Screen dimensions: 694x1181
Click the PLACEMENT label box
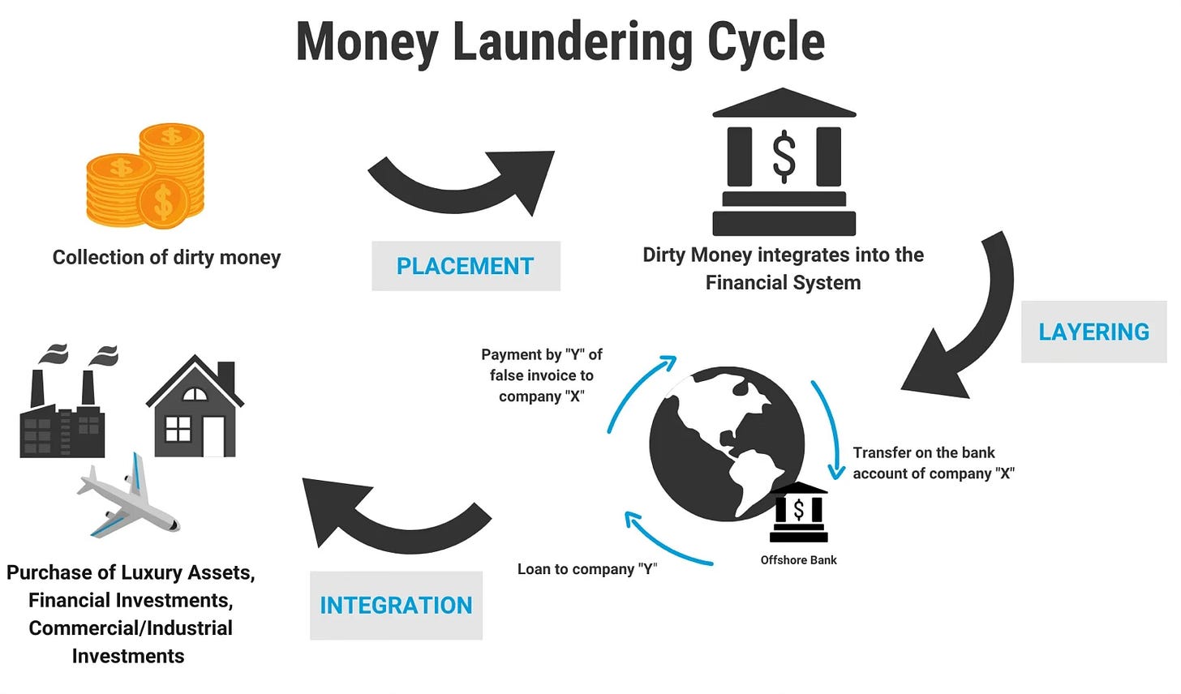(466, 266)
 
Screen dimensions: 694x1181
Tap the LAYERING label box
(1093, 332)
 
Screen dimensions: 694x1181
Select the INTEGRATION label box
(396, 606)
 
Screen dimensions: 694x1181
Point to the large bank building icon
(784, 162)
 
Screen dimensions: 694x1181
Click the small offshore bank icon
(799, 512)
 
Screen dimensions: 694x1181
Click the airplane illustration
(127, 499)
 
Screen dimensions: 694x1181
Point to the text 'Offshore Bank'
(798, 560)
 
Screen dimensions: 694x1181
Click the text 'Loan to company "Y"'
(587, 569)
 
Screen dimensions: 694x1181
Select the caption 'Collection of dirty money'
(166, 258)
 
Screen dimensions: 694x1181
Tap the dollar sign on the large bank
(784, 155)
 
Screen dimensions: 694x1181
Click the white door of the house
(214, 437)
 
